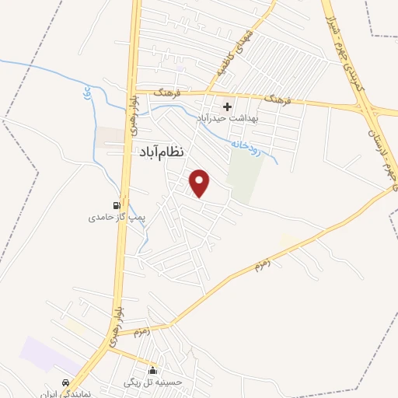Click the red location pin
click(201, 183)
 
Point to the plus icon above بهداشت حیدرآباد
click(227, 106)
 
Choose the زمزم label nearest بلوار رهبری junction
click(141, 333)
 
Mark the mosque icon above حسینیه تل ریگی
click(153, 371)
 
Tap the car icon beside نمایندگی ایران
click(66, 384)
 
